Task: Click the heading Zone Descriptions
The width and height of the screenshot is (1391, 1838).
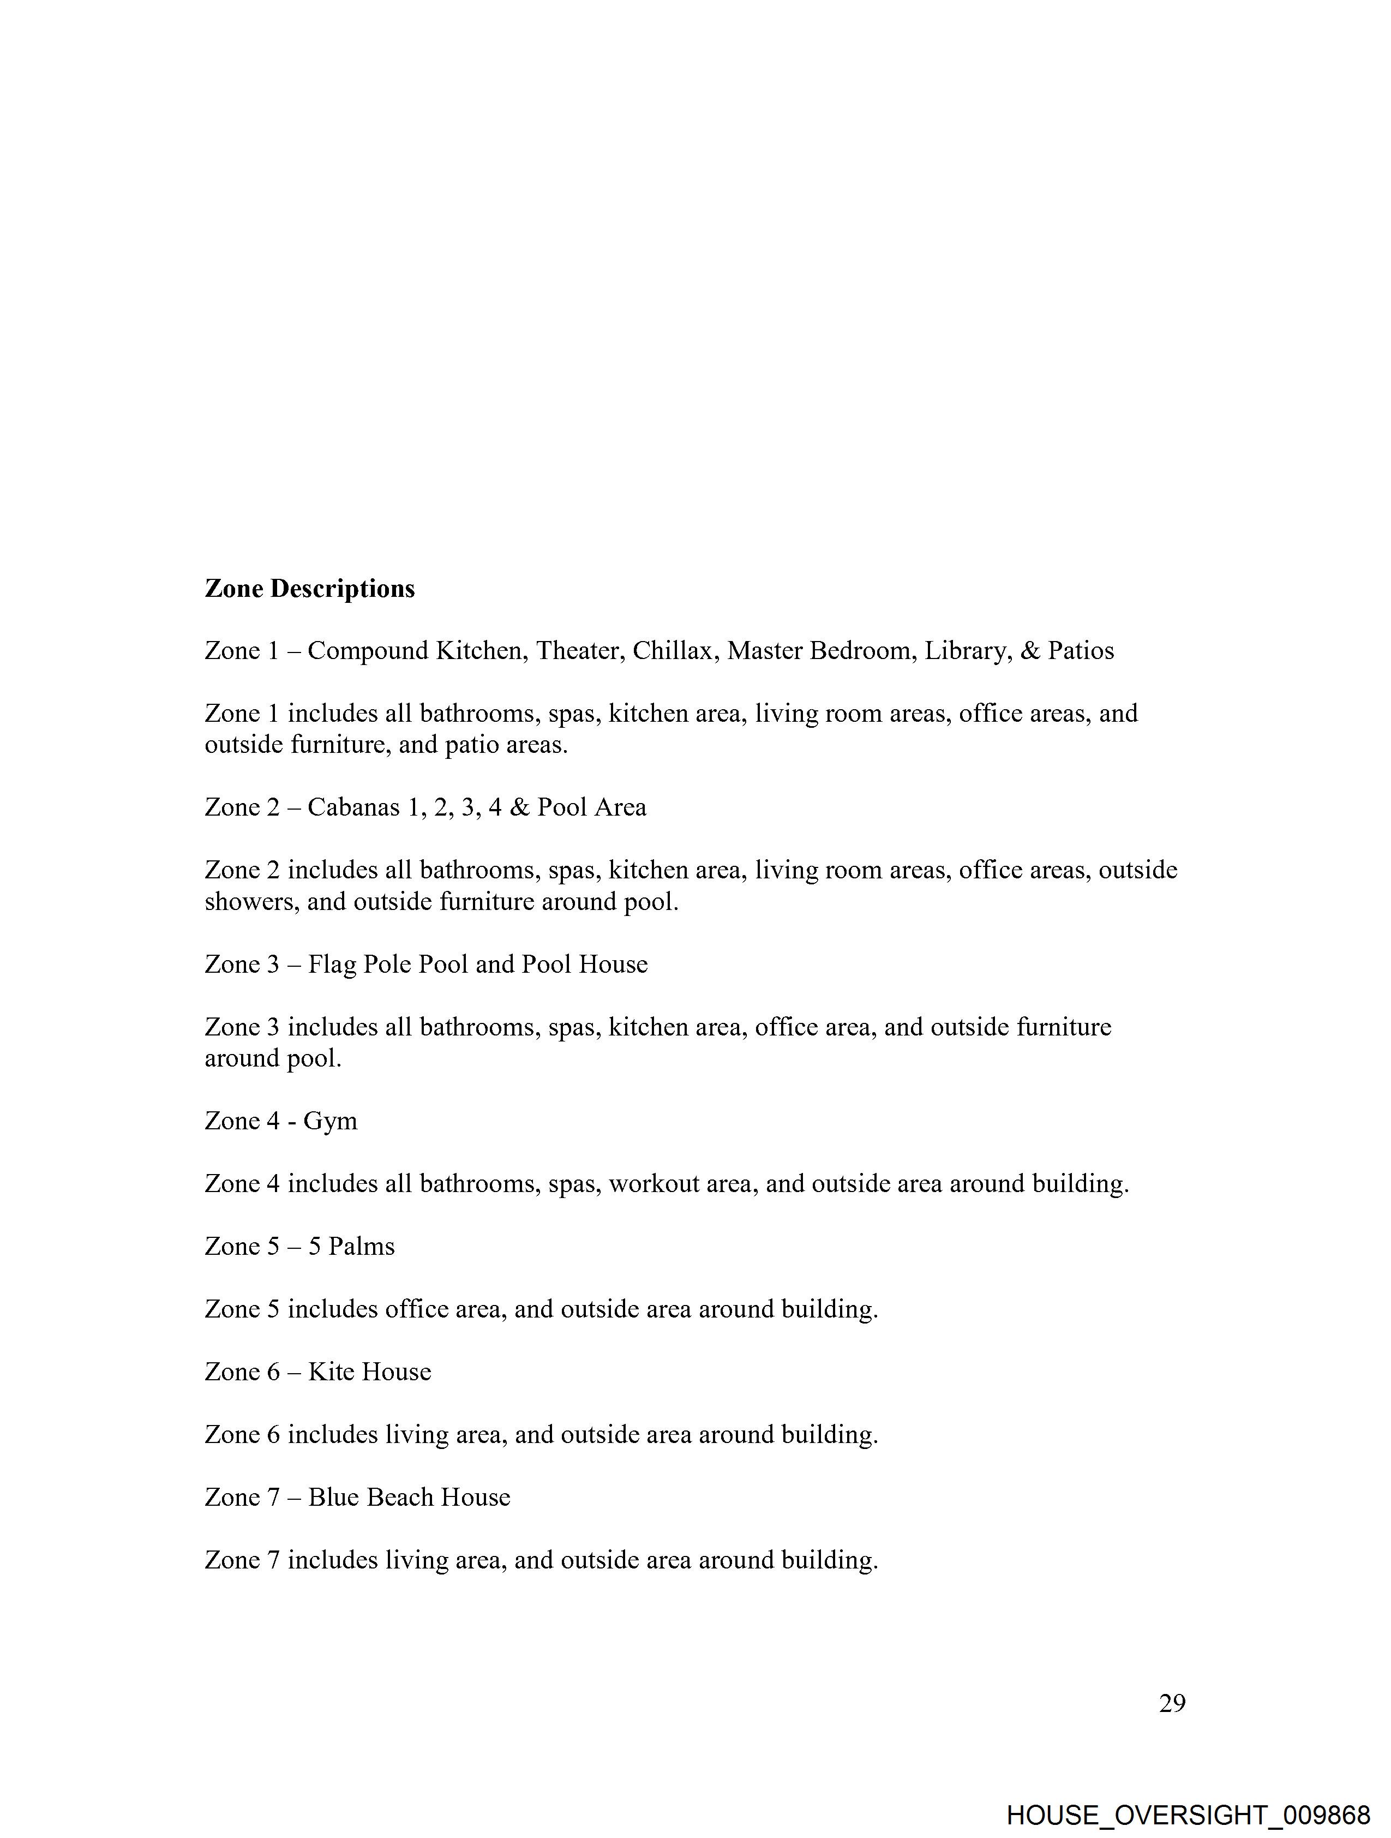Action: [x=309, y=588]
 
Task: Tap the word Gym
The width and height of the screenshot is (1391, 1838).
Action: [x=330, y=1122]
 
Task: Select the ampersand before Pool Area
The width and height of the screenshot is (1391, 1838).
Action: [x=519, y=807]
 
